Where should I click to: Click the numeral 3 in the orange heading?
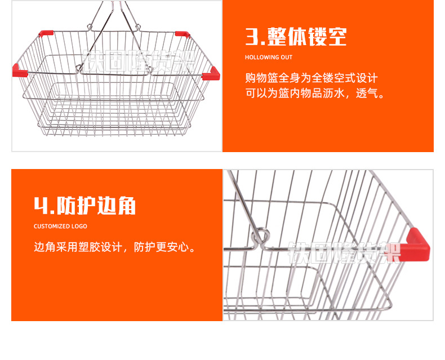pyautogui.click(x=252, y=37)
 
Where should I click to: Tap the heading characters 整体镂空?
pyautogui.click(x=307, y=37)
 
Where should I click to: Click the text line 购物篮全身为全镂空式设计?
pyautogui.click(x=311, y=78)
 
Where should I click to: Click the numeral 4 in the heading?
pyautogui.click(x=42, y=206)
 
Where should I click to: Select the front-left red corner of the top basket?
pyautogui.click(x=20, y=71)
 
